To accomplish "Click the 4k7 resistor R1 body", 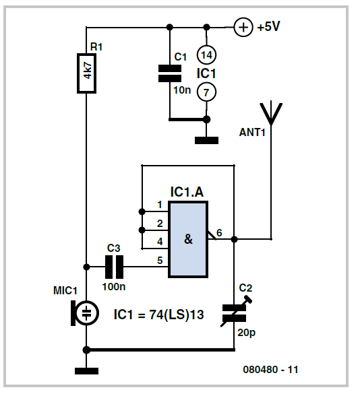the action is coord(86,73).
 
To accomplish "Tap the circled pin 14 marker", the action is coord(206,55).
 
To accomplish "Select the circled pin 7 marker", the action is coord(206,92).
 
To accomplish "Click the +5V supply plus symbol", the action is coord(243,27).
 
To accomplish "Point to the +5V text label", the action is coord(268,26).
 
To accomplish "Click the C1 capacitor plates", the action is coord(170,73).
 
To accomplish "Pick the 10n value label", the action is coord(182,90).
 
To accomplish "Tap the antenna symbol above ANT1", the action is coord(271,114).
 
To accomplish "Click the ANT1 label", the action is coord(252,132).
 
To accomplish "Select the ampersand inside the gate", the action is coord(188,239).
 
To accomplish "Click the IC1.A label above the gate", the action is coord(187,192).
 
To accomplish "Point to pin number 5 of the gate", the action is coord(160,261).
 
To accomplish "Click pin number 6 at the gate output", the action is coord(219,232).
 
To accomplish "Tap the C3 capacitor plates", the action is coord(115,267).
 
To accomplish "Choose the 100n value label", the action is coord(114,287).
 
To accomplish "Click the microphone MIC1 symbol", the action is coord(85,313).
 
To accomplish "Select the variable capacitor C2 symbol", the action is coord(235,313).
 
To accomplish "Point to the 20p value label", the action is coord(247,333).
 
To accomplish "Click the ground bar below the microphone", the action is coord(86,370).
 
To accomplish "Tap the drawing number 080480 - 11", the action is coord(270,370).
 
